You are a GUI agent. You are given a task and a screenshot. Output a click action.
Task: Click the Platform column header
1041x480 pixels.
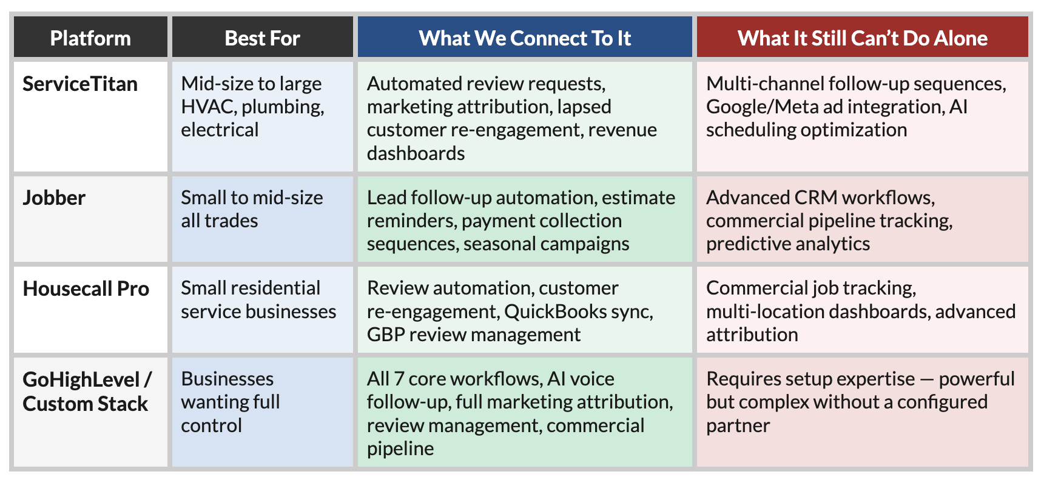(90, 38)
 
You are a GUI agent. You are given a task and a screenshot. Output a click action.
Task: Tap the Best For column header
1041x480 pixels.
(262, 38)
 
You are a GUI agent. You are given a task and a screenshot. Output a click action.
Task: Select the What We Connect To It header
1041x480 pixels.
(525, 38)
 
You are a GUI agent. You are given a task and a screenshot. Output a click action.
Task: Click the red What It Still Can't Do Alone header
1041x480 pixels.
(862, 38)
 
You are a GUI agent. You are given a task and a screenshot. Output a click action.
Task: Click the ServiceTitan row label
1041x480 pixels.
(80, 84)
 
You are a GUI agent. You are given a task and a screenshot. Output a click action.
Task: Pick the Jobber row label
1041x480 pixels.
(54, 198)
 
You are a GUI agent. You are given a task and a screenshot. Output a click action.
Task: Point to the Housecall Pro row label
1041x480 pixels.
(86, 288)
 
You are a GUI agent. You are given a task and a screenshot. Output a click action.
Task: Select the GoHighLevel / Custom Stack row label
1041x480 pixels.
(86, 392)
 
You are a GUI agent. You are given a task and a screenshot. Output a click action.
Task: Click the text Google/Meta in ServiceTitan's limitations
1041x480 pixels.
(759, 107)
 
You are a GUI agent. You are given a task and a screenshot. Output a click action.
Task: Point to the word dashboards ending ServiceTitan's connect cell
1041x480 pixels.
(416, 153)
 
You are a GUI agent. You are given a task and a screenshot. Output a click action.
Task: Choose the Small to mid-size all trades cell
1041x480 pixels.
(251, 209)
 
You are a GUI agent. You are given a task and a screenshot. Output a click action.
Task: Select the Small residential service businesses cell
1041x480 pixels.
(258, 299)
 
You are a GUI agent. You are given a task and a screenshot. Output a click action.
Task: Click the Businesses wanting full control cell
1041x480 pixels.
(231, 402)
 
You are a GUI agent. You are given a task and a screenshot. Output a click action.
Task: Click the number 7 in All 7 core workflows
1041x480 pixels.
(399, 379)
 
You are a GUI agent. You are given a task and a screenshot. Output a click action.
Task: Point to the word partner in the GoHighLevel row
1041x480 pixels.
(738, 425)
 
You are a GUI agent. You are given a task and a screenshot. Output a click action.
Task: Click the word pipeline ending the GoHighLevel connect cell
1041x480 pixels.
(400, 448)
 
